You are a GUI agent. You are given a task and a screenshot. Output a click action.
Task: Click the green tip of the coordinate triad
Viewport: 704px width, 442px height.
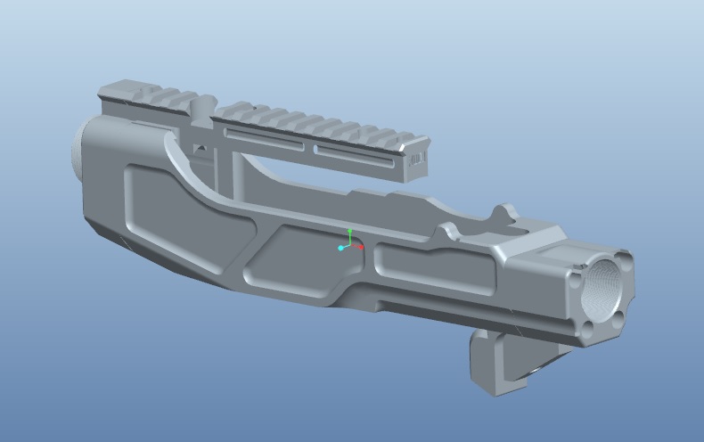tap(350, 232)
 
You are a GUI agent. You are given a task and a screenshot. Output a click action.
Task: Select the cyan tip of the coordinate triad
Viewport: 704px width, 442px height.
tap(340, 248)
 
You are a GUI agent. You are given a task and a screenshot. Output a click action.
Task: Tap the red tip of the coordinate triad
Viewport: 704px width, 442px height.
tap(361, 248)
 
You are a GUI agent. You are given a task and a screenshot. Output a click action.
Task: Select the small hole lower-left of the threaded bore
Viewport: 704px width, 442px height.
tap(588, 331)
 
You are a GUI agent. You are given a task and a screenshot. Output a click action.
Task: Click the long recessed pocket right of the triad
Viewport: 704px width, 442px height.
tap(434, 267)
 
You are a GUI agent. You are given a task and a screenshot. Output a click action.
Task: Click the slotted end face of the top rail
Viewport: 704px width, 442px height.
tap(417, 160)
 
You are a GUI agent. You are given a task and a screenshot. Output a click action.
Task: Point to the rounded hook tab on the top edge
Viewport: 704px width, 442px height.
tap(503, 214)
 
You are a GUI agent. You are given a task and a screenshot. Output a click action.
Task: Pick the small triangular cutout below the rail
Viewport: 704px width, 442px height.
tap(202, 147)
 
